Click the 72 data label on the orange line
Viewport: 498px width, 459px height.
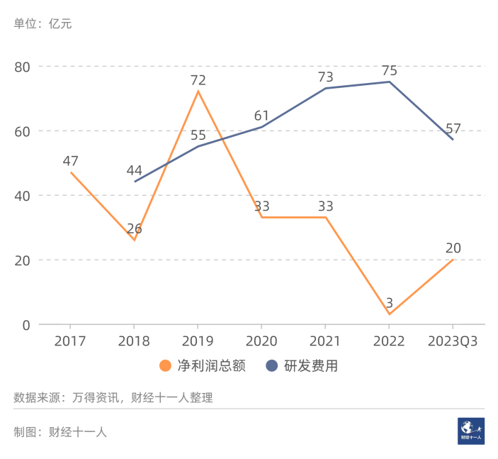[x=198, y=80]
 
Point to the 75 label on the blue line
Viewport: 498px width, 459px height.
[x=389, y=71]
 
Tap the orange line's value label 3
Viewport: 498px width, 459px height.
[x=389, y=303]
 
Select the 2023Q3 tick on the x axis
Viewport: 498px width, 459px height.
[x=453, y=341]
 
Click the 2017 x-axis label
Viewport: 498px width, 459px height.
[x=70, y=341]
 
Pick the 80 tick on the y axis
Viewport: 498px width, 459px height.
[x=23, y=67]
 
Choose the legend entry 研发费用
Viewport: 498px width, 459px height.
[x=301, y=366]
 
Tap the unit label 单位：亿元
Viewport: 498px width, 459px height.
[x=43, y=24]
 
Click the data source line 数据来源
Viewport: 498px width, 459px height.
[x=113, y=397]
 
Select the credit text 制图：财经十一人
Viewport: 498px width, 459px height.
[x=60, y=431]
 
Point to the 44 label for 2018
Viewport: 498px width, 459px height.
[x=135, y=171]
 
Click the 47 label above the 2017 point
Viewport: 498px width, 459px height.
[x=70, y=161]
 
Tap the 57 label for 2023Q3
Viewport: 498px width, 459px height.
[x=453, y=129]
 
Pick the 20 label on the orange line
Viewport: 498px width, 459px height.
[x=453, y=248]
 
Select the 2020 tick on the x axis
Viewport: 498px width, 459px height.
[x=261, y=341]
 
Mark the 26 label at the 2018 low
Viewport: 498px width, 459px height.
[x=135, y=228]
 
